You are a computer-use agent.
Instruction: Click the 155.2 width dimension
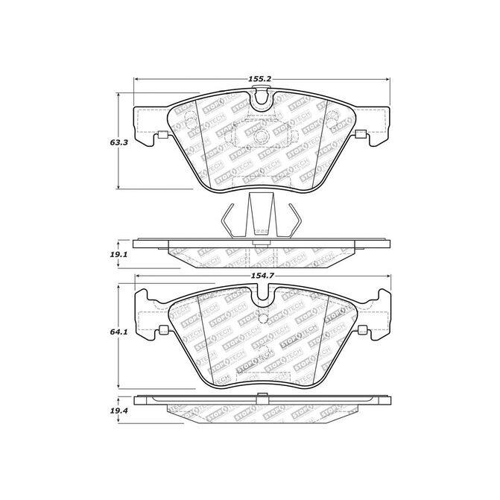(x=259, y=79)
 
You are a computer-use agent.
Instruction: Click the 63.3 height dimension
(x=119, y=142)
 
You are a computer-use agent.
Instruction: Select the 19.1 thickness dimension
(x=118, y=254)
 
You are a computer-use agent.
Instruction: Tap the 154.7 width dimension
(x=262, y=276)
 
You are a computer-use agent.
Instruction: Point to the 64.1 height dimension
(x=118, y=332)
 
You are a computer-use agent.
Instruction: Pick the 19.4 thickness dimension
(x=119, y=411)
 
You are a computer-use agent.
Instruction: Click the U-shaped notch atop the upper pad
(x=261, y=99)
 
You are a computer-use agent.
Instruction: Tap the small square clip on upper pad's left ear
(x=162, y=135)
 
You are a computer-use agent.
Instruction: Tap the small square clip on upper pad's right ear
(x=361, y=134)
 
